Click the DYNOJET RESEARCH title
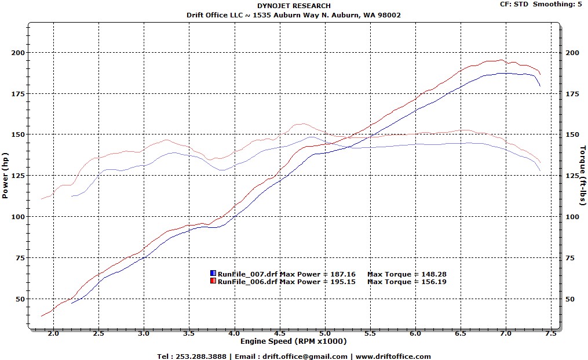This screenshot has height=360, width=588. pos(294,6)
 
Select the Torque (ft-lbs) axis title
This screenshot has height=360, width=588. pos(582,175)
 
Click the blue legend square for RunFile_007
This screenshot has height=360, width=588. pos(213,274)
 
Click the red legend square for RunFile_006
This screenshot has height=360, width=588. pos(213,282)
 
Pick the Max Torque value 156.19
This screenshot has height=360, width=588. pos(434,282)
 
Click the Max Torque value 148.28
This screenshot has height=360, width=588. pos(434,274)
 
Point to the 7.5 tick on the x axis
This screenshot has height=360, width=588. pos(550,334)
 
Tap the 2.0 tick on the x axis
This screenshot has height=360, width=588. pos(53,334)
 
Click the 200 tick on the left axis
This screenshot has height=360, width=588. pos(19,53)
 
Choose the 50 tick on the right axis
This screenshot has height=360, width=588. pos(571,299)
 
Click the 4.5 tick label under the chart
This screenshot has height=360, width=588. pos(280,334)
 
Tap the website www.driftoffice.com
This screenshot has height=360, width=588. pos(393,357)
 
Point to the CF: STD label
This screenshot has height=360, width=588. pos(514,4)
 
